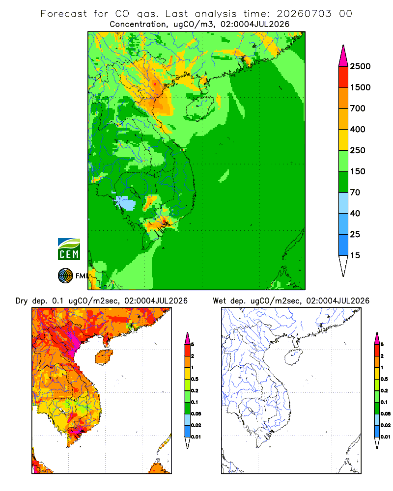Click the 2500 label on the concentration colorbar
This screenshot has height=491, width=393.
coord(360,66)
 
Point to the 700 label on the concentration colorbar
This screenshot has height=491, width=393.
coord(358,109)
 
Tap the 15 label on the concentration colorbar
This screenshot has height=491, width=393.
coord(355,255)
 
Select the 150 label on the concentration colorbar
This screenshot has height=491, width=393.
coord(358,171)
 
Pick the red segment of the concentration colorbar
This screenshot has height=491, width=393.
coord(343,77)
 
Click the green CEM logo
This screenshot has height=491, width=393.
coord(69,249)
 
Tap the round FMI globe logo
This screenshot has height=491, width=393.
coord(65,276)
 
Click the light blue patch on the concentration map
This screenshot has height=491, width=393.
coord(126,203)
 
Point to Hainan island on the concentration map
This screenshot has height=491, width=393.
coord(199,109)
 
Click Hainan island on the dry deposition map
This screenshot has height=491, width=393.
coord(104,357)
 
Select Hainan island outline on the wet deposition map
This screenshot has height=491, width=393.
coord(294,357)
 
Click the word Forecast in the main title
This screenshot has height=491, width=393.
coord(64,14)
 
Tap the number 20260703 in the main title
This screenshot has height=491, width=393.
coord(304,14)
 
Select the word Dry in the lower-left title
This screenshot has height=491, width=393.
coord(22,301)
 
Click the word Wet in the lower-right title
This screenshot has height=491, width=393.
coord(219,301)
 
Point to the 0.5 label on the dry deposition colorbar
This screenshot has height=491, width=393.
coord(195,379)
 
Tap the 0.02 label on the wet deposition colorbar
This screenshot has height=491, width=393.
coord(386,425)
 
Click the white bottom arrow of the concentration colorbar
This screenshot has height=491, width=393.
coord(343,265)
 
